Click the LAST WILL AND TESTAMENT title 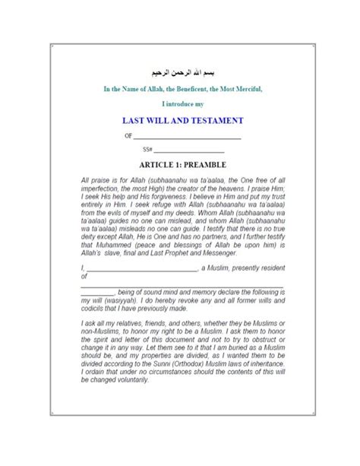(x=180, y=120)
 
